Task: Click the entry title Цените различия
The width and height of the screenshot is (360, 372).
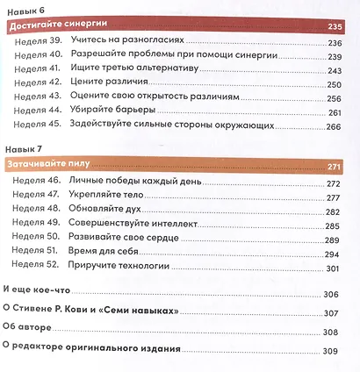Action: [x=120, y=87]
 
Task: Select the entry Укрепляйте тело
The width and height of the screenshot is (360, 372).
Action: [x=123, y=198]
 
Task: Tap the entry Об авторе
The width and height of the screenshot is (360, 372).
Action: [x=29, y=332]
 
